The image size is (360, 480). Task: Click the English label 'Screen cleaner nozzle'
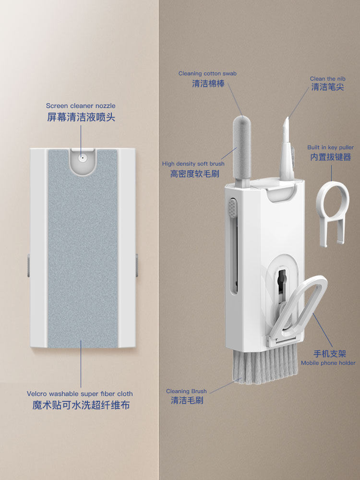[81, 106]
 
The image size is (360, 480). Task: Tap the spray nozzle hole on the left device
[82, 157]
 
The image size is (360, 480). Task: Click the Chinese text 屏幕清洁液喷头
[81, 117]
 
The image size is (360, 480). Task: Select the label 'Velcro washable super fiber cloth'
[80, 394]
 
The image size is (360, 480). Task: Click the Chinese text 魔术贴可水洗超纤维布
[81, 406]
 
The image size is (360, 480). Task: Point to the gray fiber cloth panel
[82, 250]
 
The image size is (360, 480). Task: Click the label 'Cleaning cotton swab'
[207, 73]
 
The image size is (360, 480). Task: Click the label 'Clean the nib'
[328, 79]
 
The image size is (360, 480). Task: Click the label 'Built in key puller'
[331, 147]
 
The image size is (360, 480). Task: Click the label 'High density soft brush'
[193, 164]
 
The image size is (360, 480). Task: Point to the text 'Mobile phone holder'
[328, 363]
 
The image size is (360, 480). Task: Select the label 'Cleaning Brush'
[186, 391]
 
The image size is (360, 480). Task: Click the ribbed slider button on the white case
[233, 209]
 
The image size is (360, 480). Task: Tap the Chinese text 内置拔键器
[331, 157]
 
